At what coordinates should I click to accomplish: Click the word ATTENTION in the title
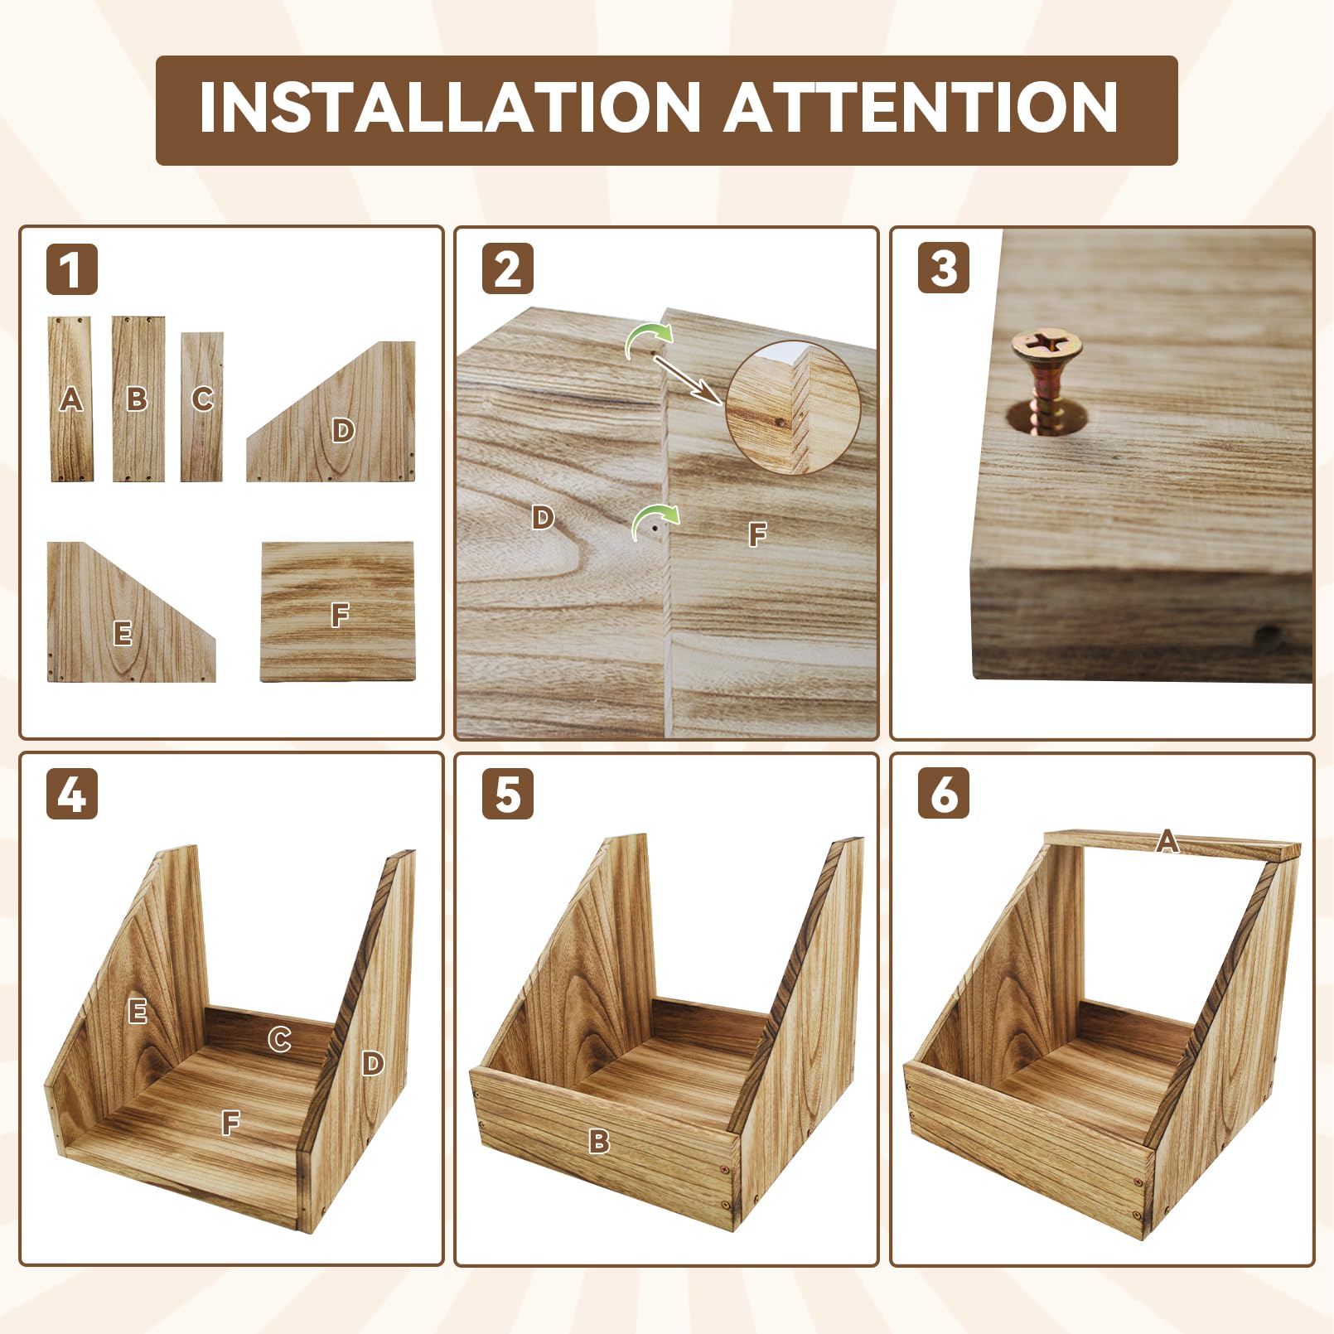point(921,108)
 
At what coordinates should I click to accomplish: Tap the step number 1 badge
point(72,269)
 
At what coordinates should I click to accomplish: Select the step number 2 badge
point(508,269)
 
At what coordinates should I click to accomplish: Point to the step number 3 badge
point(944,268)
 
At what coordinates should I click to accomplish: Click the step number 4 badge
point(72,794)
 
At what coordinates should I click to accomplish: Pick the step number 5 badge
point(508,794)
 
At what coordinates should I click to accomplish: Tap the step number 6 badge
point(944,794)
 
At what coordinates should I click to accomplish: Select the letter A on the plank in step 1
point(71,399)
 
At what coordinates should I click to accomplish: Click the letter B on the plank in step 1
point(137,399)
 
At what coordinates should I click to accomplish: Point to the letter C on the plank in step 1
point(202,399)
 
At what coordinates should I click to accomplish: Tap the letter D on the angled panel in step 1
point(343,430)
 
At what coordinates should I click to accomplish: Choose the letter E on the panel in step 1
point(123,634)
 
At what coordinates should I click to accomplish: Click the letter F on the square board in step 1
point(339,615)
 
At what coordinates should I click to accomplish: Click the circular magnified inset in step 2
point(793,408)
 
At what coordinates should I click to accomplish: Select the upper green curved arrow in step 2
point(649,337)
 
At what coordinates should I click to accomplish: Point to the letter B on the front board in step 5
point(599,1142)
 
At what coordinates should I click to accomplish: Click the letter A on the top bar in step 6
point(1167,842)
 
